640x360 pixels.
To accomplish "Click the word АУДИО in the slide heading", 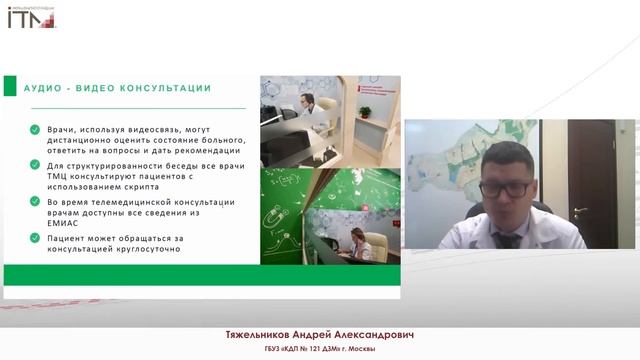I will (x=46, y=88).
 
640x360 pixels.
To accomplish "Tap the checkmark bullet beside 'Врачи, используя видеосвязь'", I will (x=35, y=129).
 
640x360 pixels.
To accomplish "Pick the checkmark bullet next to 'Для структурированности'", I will (x=35, y=165).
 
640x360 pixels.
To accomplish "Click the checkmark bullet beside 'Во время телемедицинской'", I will (x=35, y=201).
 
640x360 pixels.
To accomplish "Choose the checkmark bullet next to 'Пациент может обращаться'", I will (x=35, y=237).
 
